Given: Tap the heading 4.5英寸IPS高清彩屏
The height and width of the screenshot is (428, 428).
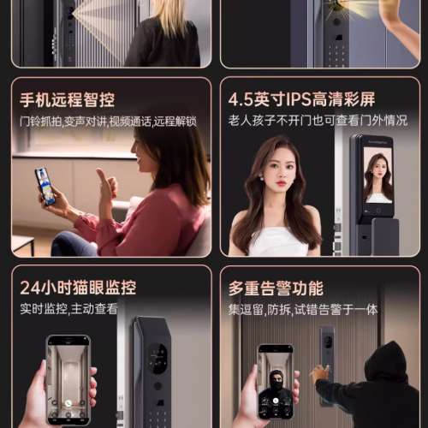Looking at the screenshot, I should [x=302, y=99].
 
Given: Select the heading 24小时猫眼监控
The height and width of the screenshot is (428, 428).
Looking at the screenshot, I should [x=78, y=287].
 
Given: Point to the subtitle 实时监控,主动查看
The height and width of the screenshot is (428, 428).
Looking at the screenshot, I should [x=68, y=308].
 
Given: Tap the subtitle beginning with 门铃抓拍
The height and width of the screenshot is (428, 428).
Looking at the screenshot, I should [x=108, y=121].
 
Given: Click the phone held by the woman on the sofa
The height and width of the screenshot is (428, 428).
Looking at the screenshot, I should [x=45, y=185].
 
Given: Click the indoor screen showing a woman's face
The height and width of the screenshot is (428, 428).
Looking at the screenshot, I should [x=376, y=175].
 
